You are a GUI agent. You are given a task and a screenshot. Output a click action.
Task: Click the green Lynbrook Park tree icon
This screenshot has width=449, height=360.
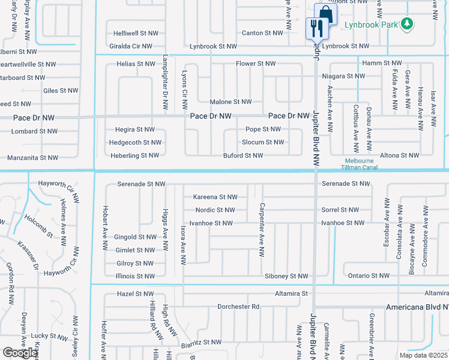[x=408, y=23]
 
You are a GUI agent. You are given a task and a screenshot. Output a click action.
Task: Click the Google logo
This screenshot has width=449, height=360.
[x=20, y=353]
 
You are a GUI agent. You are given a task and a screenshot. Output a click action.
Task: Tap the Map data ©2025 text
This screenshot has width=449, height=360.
[x=424, y=355]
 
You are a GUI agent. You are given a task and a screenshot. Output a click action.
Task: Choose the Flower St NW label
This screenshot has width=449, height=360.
[x=255, y=64]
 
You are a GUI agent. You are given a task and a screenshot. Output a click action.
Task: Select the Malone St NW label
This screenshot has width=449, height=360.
[x=231, y=103]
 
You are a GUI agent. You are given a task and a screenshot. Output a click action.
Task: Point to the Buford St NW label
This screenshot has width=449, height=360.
[x=243, y=156]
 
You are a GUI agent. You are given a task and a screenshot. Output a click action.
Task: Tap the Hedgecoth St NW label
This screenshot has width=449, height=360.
[x=135, y=143]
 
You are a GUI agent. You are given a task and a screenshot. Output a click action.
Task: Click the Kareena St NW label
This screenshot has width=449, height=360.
[x=215, y=197]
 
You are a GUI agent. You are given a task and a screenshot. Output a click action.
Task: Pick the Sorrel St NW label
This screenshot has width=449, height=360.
[x=340, y=210]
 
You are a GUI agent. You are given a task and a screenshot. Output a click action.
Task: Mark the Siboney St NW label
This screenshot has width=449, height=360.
[x=286, y=276]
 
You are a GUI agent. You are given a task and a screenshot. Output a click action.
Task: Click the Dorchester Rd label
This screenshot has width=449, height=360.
[x=238, y=306]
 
